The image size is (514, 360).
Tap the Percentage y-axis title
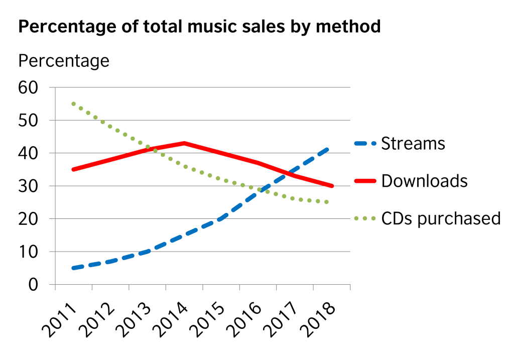pos(64,61)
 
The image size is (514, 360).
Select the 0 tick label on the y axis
pos(34,285)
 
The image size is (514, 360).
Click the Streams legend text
pos(413,144)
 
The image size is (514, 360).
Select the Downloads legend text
pos(425,181)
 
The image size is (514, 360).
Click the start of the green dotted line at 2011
pos(74,104)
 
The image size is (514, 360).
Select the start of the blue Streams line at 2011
pos(74,268)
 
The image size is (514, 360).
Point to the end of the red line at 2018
pos(331,186)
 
